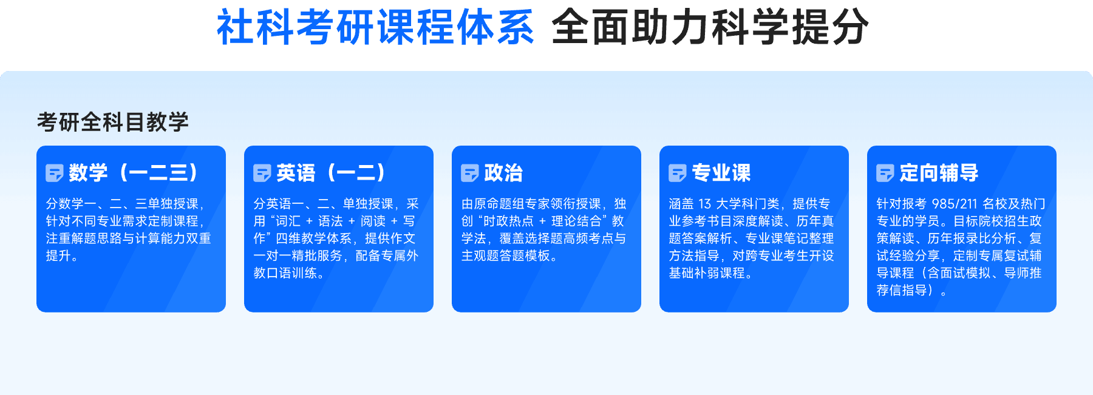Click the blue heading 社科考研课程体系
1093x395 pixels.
click(375, 27)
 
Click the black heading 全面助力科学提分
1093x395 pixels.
click(710, 27)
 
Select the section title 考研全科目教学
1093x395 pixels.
click(113, 122)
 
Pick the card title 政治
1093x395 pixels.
click(503, 173)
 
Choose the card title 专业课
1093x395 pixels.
click(721, 173)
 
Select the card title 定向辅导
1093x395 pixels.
click(939, 173)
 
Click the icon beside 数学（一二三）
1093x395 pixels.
click(55, 174)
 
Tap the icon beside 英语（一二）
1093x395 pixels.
click(262, 174)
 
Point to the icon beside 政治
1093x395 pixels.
click(470, 174)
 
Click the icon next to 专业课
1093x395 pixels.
click(678, 174)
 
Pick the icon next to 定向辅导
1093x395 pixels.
click(885, 174)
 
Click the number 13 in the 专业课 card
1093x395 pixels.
click(704, 204)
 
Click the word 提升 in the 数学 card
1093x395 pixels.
click(58, 256)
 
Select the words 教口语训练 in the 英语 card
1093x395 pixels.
click(285, 274)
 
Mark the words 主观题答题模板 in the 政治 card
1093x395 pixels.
click(506, 256)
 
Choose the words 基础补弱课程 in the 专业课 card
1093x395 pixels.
click(707, 274)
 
